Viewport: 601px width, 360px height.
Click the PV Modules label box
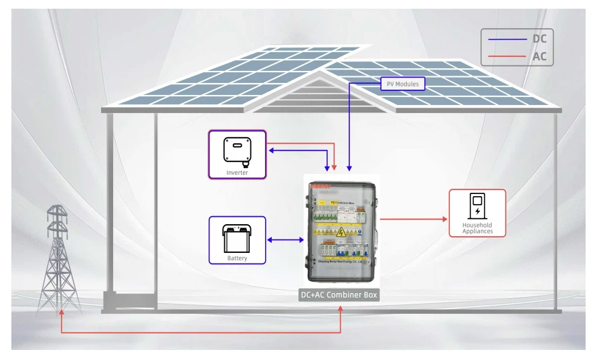(x=403, y=84)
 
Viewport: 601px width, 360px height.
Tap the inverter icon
(x=237, y=151)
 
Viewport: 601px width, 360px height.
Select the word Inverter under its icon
(x=237, y=173)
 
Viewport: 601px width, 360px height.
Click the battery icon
(x=237, y=238)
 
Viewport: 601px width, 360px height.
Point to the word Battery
(x=237, y=258)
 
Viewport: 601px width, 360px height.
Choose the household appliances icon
(x=477, y=205)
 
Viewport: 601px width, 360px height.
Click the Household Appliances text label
(x=477, y=228)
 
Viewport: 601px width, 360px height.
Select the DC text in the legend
(x=539, y=39)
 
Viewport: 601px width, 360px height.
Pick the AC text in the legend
(x=539, y=57)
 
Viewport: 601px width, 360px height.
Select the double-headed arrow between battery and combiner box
(x=284, y=240)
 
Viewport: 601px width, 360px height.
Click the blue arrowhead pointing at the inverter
(x=271, y=151)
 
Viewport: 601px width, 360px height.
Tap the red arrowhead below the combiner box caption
(x=341, y=309)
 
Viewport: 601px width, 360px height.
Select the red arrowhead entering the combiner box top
(x=335, y=167)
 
